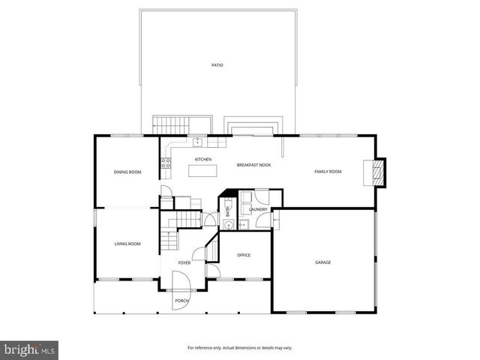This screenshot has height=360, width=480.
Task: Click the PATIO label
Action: click(217, 65)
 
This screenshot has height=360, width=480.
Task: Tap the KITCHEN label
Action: click(203, 160)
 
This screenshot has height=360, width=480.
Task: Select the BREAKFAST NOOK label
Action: click(253, 165)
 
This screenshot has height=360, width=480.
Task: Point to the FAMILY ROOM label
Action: click(328, 172)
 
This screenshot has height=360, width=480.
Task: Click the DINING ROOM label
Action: click(127, 172)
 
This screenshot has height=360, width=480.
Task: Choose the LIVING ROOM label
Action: click(127, 244)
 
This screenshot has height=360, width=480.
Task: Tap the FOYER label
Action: click(184, 263)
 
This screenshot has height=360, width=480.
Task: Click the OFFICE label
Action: click(244, 255)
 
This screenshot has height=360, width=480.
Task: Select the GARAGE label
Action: click(322, 262)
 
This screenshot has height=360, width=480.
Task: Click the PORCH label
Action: click(181, 301)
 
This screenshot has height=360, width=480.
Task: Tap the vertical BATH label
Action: click(229, 212)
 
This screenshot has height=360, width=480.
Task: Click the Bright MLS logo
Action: click(30, 349)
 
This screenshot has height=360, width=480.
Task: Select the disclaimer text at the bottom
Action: click(239, 348)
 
